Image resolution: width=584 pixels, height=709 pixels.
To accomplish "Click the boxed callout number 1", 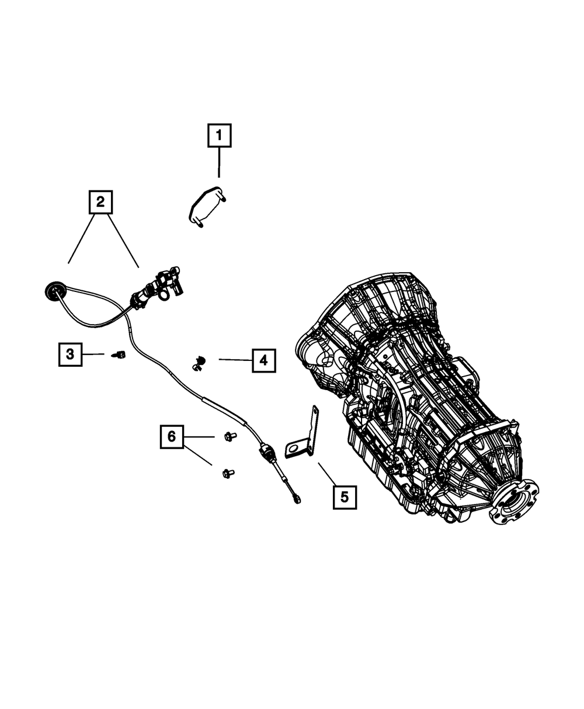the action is (219, 135).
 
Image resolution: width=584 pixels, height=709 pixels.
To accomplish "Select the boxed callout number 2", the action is (100, 202).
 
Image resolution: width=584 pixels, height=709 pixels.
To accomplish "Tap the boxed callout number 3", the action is (70, 354).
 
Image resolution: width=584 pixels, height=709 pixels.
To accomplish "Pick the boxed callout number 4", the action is (263, 360).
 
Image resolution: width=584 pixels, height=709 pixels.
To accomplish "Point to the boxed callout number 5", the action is (345, 497).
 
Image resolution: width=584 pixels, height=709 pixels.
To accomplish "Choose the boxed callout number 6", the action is (172, 436).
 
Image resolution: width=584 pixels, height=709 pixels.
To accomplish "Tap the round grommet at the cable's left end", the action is (55, 289).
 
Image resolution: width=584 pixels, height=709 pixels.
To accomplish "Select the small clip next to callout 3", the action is (121, 354).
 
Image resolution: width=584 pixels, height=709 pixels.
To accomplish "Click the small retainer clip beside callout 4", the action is (199, 362).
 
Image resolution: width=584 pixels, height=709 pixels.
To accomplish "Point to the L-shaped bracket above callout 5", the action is (306, 436).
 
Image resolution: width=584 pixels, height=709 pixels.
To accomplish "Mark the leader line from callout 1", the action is (219, 162).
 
